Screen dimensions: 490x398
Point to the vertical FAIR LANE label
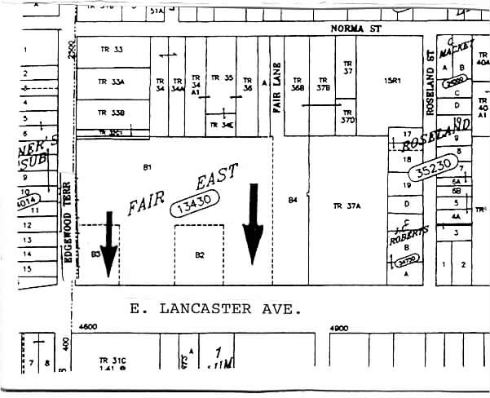(x=277, y=86)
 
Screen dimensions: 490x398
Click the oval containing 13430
(x=194, y=200)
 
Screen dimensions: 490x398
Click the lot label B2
(x=200, y=255)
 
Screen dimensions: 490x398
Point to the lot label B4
(x=292, y=200)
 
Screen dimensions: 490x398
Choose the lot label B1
(x=148, y=167)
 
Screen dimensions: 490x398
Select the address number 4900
(x=338, y=327)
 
